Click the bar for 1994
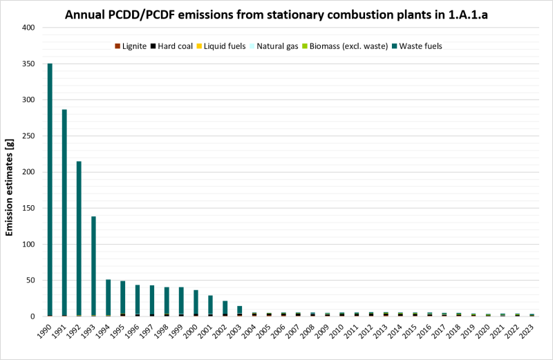[108, 297]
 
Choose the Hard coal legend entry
[176, 46]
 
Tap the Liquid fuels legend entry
[226, 46]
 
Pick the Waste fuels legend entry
[416, 46]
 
